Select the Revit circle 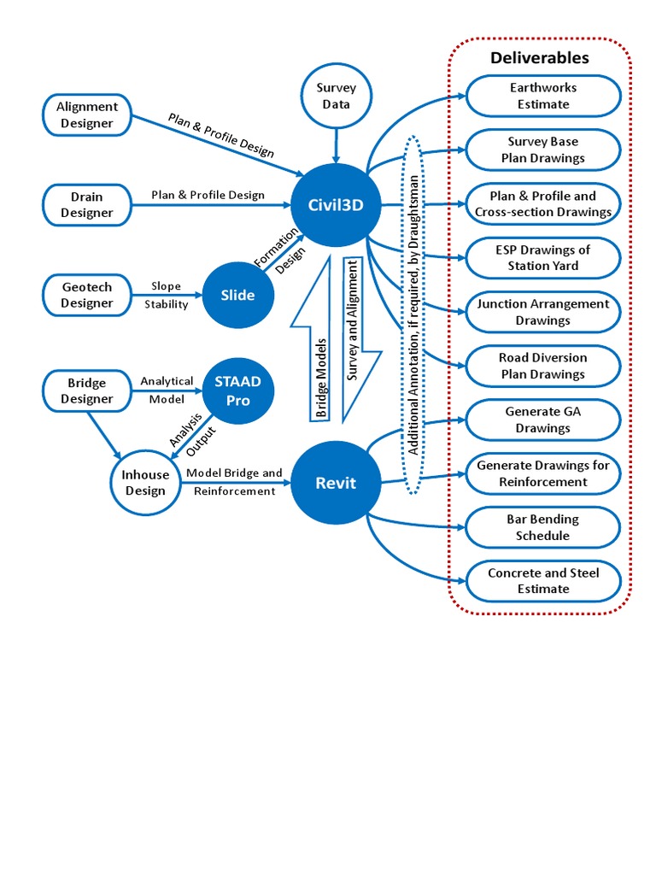point(335,483)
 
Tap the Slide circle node point(237,296)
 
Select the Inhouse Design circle point(145,483)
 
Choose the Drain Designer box point(86,205)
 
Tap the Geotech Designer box point(86,296)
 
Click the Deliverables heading point(539,58)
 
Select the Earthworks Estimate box point(542,96)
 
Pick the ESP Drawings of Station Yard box point(542,257)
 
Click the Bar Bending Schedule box point(542,527)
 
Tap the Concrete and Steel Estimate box point(542,581)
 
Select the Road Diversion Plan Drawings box point(542,366)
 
